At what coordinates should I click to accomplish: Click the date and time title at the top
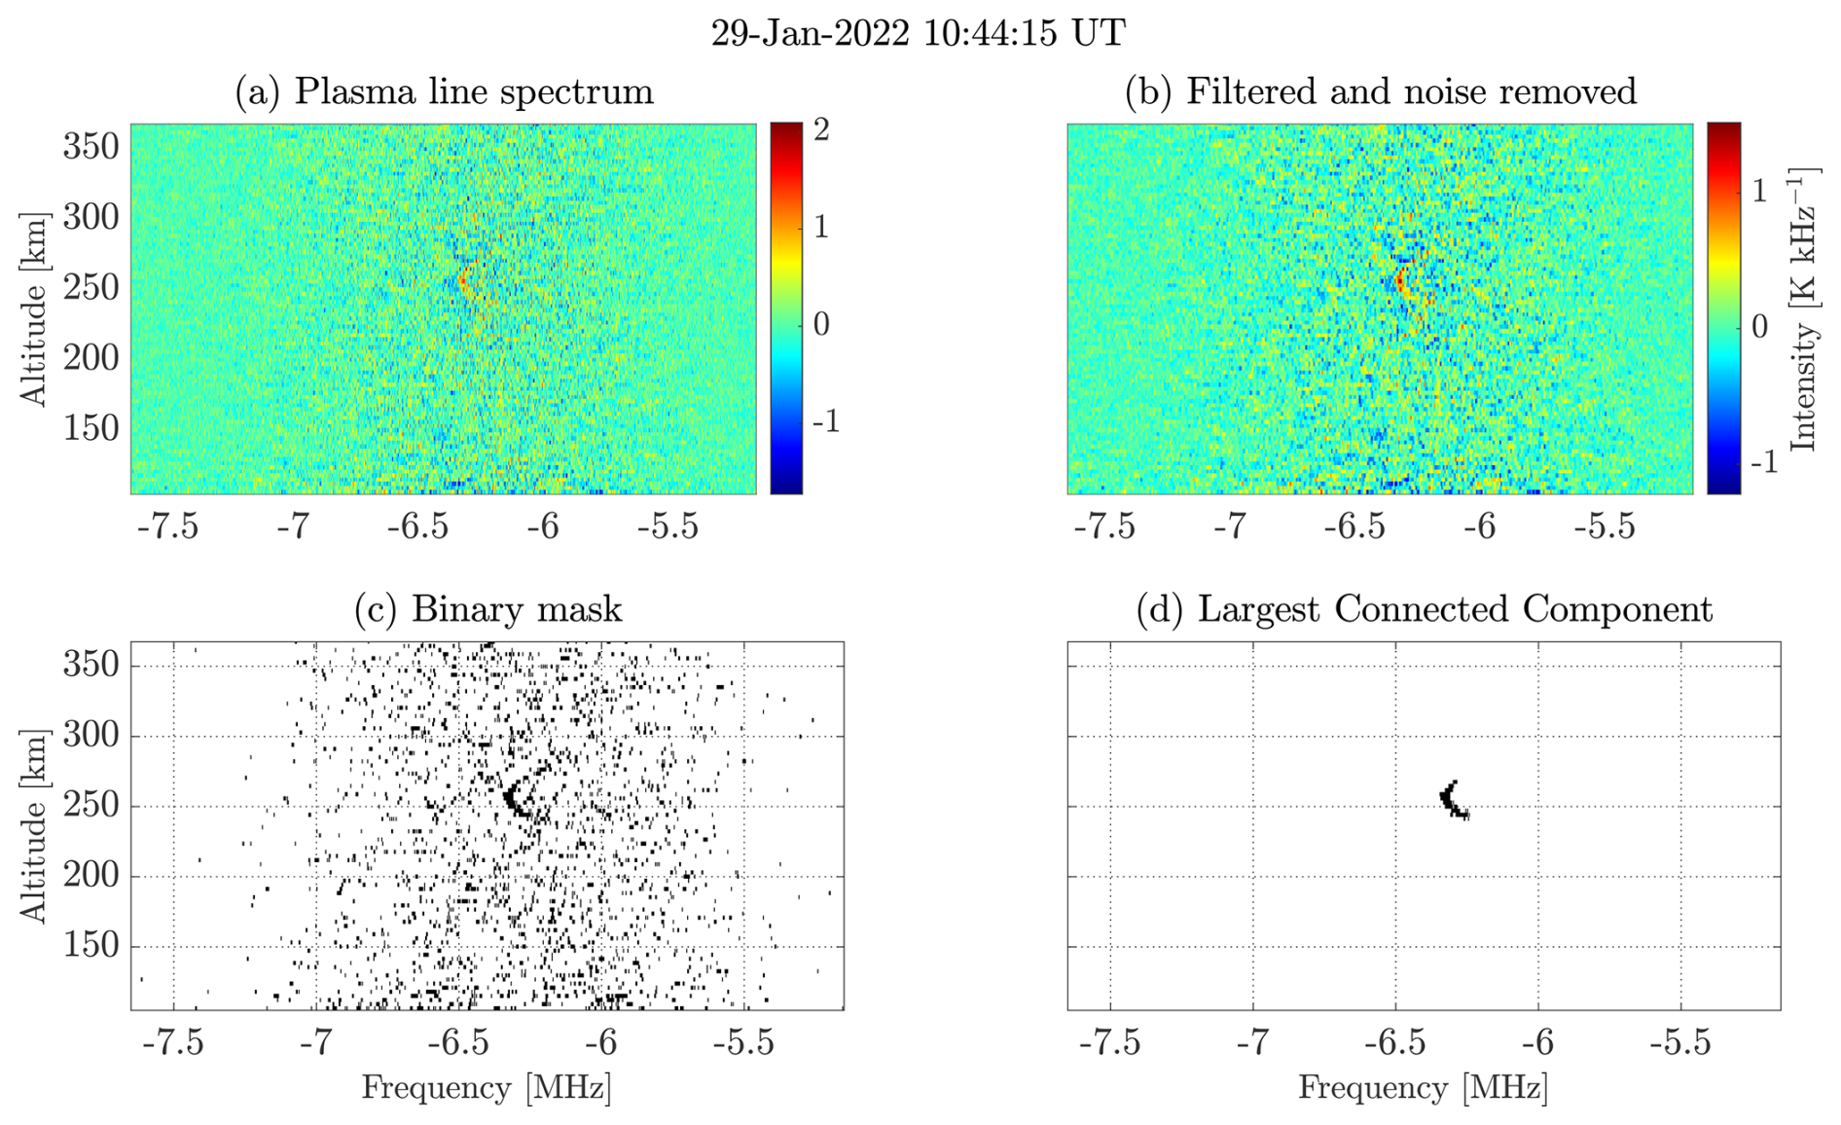pyautogui.click(x=918, y=33)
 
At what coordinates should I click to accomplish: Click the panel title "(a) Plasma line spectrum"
pyautogui.click(x=444, y=91)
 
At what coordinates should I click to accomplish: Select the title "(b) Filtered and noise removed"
pyautogui.click(x=1380, y=91)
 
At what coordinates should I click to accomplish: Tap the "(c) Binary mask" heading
pyautogui.click(x=487, y=609)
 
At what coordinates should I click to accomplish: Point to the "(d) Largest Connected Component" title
pyautogui.click(x=1424, y=609)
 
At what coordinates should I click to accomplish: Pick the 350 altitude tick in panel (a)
pyautogui.click(x=91, y=147)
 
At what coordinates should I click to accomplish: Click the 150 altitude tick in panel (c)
pyautogui.click(x=91, y=945)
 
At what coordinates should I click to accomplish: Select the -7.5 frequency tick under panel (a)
pyautogui.click(x=167, y=526)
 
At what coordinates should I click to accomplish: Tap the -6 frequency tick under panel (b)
pyautogui.click(x=1480, y=526)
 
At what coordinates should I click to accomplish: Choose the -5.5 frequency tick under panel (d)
pyautogui.click(x=1679, y=1043)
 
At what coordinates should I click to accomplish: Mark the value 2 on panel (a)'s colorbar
pyautogui.click(x=822, y=129)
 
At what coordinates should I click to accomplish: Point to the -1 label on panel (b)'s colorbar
pyautogui.click(x=1763, y=462)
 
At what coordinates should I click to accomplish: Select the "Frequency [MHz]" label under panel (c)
pyautogui.click(x=487, y=1088)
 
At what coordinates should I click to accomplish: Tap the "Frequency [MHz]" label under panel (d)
pyautogui.click(x=1423, y=1088)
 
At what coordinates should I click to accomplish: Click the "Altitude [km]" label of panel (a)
pyautogui.click(x=33, y=309)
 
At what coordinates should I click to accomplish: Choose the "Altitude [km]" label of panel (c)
pyautogui.click(x=33, y=825)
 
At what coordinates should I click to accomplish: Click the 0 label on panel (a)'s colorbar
pyautogui.click(x=822, y=324)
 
